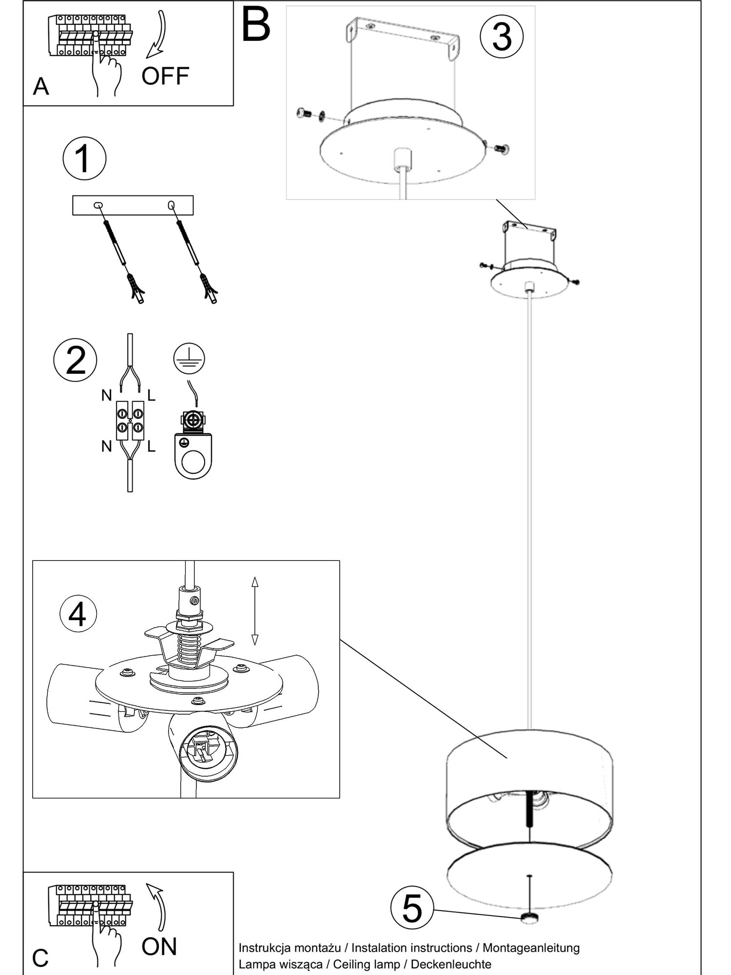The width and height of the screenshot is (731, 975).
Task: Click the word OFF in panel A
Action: pos(165,76)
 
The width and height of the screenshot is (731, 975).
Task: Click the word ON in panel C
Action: pos(159,946)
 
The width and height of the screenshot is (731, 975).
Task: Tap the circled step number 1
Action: pos(84,158)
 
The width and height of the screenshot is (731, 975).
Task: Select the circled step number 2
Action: pos(75,360)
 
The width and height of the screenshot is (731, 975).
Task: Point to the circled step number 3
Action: pos(501,37)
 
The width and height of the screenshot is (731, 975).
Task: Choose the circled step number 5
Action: pos(412,908)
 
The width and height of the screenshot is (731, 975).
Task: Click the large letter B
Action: pos(255,24)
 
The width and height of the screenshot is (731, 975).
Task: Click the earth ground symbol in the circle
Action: pos(189,358)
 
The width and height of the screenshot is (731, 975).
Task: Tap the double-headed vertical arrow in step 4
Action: pos(254,611)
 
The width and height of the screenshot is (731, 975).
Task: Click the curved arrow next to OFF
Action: pos(156,34)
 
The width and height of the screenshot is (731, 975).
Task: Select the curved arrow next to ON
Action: pos(157,907)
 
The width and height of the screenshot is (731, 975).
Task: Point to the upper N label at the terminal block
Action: pos(106,395)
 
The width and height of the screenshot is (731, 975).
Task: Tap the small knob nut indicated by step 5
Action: pos(530,918)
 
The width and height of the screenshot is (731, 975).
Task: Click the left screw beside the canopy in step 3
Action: pos(304,114)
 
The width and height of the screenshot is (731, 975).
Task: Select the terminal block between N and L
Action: pos(130,420)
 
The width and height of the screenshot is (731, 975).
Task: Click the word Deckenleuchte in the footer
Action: pos(451,964)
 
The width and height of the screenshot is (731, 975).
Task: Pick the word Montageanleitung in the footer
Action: pos(531,948)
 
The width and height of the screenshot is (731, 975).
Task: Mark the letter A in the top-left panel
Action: pos(41,87)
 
